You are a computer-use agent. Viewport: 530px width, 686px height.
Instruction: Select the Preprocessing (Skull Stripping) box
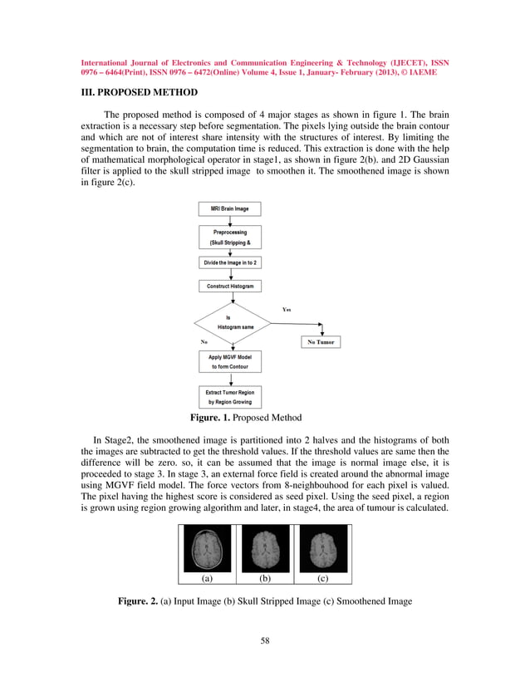pyautogui.click(x=228, y=238)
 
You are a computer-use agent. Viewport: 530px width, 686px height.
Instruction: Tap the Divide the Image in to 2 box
pyautogui.click(x=228, y=262)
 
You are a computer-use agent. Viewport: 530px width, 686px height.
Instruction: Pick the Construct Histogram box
pyautogui.click(x=228, y=286)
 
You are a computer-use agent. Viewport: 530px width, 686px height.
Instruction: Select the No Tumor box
pyautogui.click(x=319, y=342)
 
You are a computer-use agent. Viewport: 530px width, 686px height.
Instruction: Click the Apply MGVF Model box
pyautogui.click(x=228, y=360)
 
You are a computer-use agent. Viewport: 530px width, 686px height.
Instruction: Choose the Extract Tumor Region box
pyautogui.click(x=228, y=396)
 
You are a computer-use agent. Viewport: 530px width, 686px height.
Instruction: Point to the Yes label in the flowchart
pyautogui.click(x=287, y=309)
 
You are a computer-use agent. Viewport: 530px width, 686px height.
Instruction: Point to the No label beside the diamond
pyautogui.click(x=204, y=341)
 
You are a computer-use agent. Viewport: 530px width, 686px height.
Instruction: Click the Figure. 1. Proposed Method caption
pyautogui.click(x=246, y=417)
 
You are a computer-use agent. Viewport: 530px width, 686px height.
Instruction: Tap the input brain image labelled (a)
pyautogui.click(x=208, y=548)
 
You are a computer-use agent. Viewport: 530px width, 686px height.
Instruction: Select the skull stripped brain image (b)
pyautogui.click(x=265, y=548)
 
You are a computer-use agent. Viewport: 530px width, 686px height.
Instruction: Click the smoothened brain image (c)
pyautogui.click(x=322, y=548)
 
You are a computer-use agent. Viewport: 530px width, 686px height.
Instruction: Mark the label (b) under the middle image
pyautogui.click(x=265, y=581)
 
